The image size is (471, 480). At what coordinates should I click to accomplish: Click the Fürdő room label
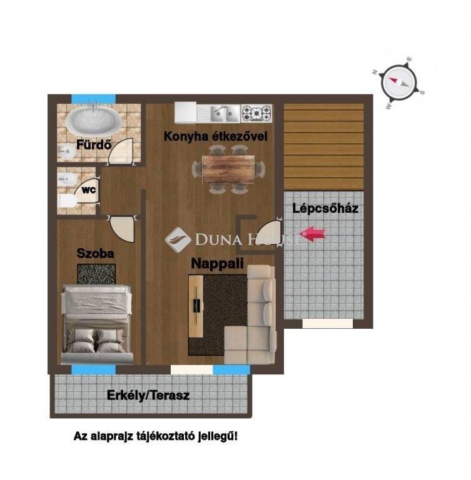coord(93,144)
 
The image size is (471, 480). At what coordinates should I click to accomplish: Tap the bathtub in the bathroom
coord(93,121)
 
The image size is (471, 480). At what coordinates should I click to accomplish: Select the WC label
coord(89,190)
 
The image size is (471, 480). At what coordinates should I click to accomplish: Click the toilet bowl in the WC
coord(68,201)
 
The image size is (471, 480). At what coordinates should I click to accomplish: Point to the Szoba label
coord(95,253)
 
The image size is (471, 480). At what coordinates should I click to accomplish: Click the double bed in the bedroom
coord(97,324)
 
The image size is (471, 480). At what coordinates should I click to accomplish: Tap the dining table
coord(228,169)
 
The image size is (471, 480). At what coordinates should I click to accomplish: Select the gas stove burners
coord(257,113)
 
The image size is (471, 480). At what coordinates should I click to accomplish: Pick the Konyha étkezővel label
coord(215,136)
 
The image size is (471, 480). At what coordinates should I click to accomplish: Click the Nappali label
coord(217,263)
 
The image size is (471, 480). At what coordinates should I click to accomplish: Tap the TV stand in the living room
coord(196,306)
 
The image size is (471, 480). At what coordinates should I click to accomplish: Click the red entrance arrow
coord(312,234)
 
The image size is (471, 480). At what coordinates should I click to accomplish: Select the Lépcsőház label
coord(325,209)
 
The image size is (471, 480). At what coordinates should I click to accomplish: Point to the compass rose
coord(398,82)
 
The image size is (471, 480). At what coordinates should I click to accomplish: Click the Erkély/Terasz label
coord(148,395)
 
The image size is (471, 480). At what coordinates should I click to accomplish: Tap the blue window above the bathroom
coord(93,99)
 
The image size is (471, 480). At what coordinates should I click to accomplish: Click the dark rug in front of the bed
coord(96,274)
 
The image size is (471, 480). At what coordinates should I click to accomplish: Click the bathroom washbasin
coord(66,151)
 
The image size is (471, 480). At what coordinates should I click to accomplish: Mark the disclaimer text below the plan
coord(156,436)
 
